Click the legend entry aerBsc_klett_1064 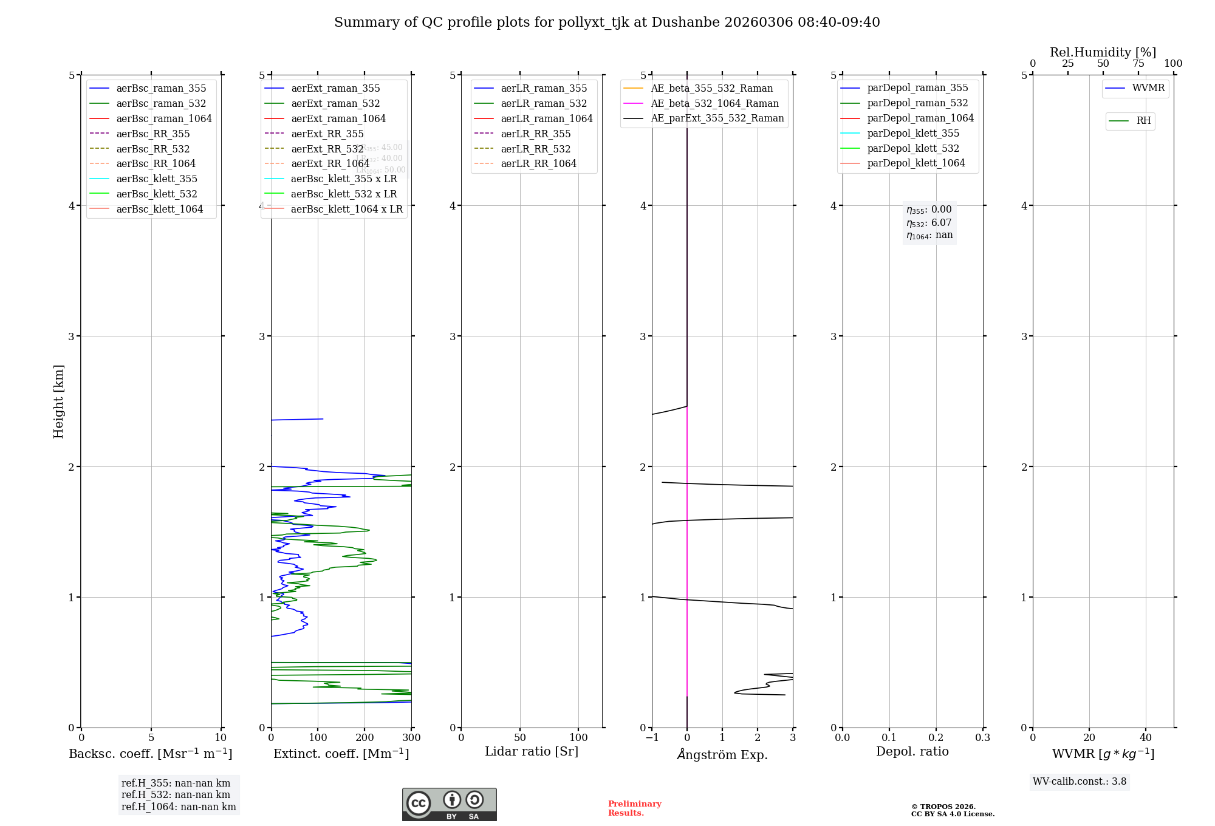point(159,209)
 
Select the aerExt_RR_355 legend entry point(327,134)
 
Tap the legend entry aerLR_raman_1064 point(546,118)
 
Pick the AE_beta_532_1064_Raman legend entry point(714,103)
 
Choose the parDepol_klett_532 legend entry point(912,148)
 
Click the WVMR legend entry point(1148,88)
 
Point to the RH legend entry point(1143,121)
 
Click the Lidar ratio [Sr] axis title point(532,751)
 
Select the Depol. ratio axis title point(912,751)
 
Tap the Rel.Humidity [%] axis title point(1103,52)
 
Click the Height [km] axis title point(58,401)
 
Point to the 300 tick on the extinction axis point(412,737)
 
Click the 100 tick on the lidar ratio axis point(578,737)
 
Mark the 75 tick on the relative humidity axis point(1138,64)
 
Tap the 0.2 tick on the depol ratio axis point(936,737)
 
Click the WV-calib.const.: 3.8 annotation point(1079,782)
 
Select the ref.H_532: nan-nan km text point(176,794)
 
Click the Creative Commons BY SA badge point(449,805)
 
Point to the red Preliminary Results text point(634,808)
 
